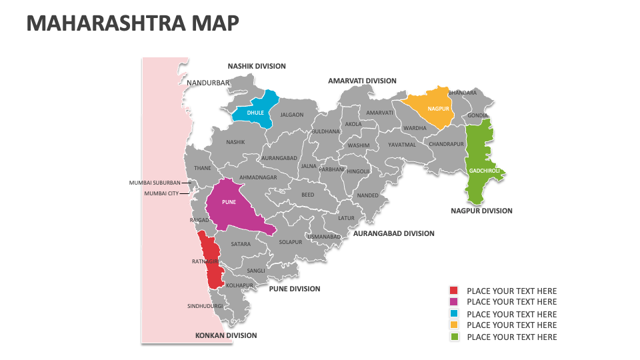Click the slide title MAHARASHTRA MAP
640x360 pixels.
[132, 23]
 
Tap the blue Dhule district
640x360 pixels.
[255, 112]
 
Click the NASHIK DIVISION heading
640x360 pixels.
[257, 66]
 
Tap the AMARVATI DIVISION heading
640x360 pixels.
[362, 81]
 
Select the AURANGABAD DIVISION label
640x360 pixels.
[393, 233]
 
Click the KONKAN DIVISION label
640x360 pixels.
[225, 335]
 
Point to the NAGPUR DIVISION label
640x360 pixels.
[481, 211]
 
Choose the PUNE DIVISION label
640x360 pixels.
[294, 289]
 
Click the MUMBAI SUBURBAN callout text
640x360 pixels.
[155, 182]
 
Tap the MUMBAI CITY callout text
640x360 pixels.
[161, 193]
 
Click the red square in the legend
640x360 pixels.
[454, 291]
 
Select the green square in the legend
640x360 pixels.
[454, 337]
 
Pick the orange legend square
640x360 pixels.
[454, 325]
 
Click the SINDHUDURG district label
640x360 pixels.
[205, 307]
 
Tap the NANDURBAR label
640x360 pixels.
[207, 83]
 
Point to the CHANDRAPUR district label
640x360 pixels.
[446, 144]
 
